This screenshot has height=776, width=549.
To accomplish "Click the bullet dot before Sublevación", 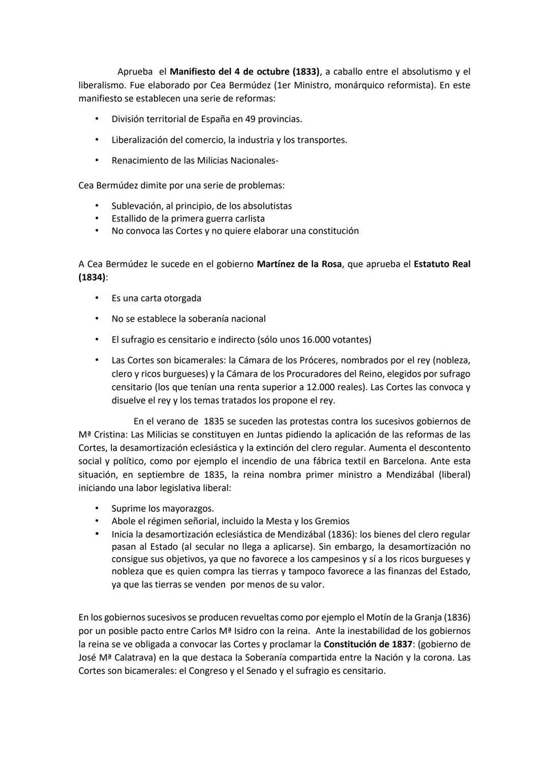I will pyautogui.click(x=96, y=206).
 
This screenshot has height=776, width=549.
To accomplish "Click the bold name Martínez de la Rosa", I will pyautogui.click(x=299, y=264).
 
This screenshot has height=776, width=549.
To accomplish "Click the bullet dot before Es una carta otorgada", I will pyautogui.click(x=96, y=298).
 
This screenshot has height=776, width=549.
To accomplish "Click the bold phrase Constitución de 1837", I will pyautogui.click(x=368, y=644).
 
